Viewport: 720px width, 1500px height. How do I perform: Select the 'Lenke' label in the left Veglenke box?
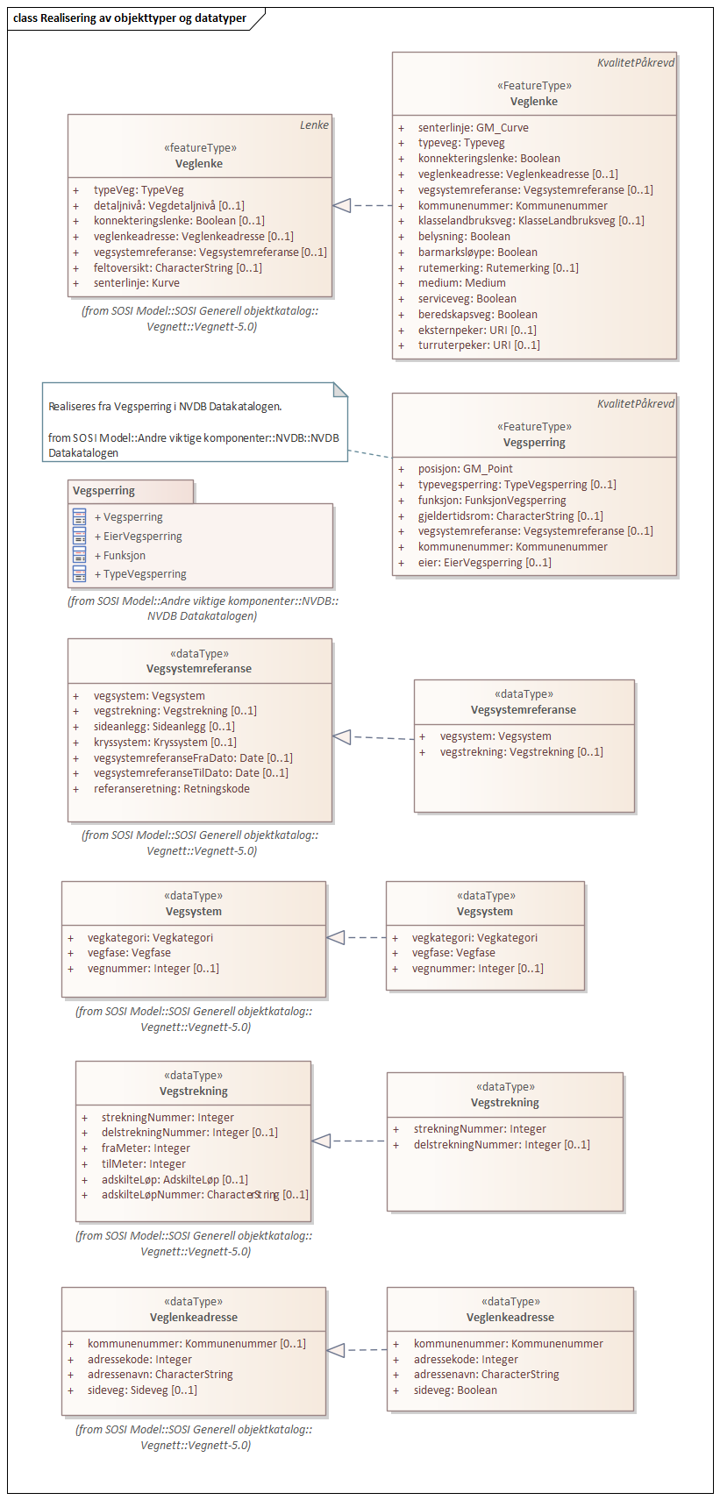tap(314, 125)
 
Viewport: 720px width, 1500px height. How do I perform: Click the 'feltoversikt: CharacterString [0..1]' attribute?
tap(177, 267)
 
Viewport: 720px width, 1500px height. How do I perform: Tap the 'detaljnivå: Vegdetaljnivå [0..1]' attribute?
tap(168, 205)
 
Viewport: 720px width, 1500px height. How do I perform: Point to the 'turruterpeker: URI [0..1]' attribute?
tap(478, 345)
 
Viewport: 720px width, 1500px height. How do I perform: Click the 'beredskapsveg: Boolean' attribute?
tap(477, 314)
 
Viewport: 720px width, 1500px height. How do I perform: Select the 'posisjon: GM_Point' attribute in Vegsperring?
tap(465, 469)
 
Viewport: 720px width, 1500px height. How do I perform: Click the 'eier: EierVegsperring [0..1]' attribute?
tap(484, 563)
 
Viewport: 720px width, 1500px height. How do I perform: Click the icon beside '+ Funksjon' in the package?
tap(80, 555)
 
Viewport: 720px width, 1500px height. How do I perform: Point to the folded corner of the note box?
tap(340, 389)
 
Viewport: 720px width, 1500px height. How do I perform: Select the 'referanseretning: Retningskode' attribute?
tap(171, 789)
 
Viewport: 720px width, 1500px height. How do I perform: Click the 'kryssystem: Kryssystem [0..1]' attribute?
tap(165, 742)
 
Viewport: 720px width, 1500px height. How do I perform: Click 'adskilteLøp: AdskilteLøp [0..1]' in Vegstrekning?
tap(174, 1179)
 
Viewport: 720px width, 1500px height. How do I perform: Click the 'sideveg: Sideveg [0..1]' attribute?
tap(141, 1390)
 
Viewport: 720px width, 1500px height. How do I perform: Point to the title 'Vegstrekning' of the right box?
tap(504, 1103)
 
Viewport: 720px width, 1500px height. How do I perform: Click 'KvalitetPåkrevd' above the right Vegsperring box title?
tap(635, 404)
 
